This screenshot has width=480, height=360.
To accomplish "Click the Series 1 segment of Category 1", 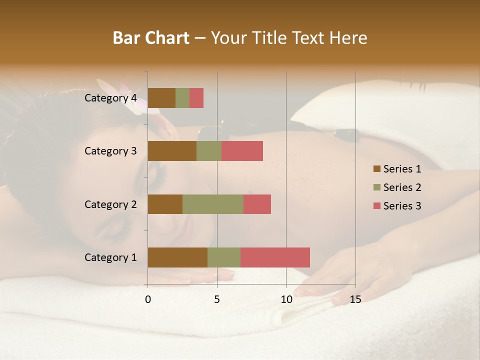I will pyautogui.click(x=177, y=257).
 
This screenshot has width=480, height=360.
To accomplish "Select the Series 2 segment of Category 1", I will pyautogui.click(x=224, y=257).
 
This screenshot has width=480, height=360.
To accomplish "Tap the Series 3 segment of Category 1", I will pyautogui.click(x=275, y=257).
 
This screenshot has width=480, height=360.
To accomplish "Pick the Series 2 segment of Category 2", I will pyautogui.click(x=213, y=204).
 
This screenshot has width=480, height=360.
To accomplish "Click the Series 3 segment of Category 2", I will pyautogui.click(x=257, y=204).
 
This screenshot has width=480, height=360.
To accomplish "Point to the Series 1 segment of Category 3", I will pyautogui.click(x=172, y=151).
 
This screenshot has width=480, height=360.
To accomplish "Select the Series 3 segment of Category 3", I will pyautogui.click(x=242, y=151).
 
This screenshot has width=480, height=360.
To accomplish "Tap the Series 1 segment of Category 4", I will pyautogui.click(x=161, y=98).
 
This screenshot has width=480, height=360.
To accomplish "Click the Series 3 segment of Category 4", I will pyautogui.click(x=196, y=98).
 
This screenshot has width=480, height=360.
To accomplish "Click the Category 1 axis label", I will pyautogui.click(x=110, y=257).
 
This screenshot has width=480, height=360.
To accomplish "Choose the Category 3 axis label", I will pyautogui.click(x=110, y=151).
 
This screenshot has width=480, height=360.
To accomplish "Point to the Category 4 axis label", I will pyautogui.click(x=110, y=98).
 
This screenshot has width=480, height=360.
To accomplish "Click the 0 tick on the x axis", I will pyautogui.click(x=148, y=299).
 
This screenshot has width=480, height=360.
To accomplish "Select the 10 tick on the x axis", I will pyautogui.click(x=286, y=299).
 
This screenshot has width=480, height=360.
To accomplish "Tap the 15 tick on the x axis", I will pyautogui.click(x=355, y=299).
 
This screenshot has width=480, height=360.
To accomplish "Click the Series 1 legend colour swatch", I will pyautogui.click(x=376, y=169).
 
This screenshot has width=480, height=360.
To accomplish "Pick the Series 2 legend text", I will pyautogui.click(x=402, y=187).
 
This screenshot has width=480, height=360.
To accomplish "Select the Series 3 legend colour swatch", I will pyautogui.click(x=376, y=206).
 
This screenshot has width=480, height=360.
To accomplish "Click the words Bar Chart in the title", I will pyautogui.click(x=151, y=38).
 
